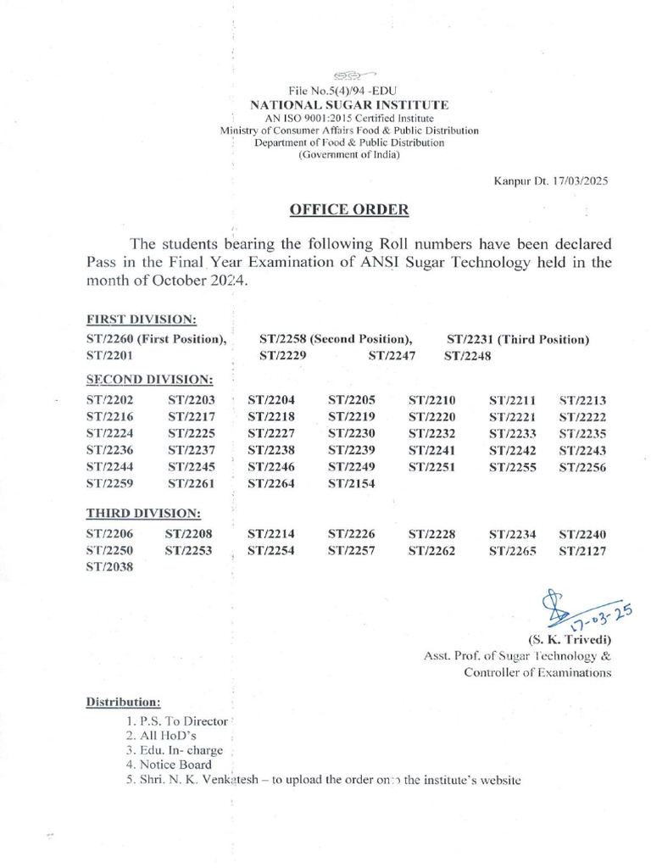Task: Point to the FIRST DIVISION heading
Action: tap(142, 320)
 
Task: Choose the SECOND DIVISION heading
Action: tap(149, 379)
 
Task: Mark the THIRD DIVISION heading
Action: tap(142, 514)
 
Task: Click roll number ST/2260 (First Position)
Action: tap(156, 339)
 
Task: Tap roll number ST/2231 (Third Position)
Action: tap(517, 339)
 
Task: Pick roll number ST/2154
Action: tap(352, 483)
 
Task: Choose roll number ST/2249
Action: tap(352, 466)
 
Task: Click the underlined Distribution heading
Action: tap(122, 703)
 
